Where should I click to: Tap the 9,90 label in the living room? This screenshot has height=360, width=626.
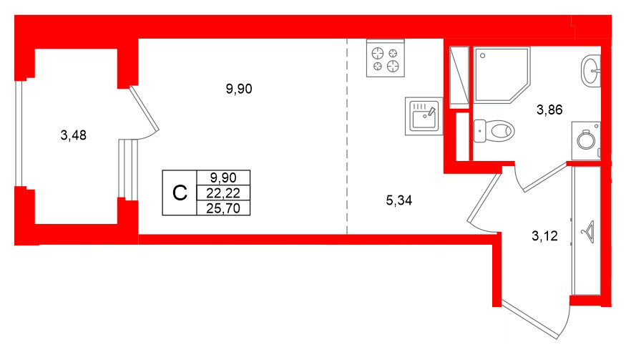pos(240,89)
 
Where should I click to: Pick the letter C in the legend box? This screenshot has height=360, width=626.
pos(180,193)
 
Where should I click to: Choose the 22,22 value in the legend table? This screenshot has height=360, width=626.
pos(222,193)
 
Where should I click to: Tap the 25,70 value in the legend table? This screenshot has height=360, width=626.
pos(222,208)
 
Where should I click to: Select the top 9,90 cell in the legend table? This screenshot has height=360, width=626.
pos(222,177)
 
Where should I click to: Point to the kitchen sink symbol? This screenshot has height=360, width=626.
pos(424,115)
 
